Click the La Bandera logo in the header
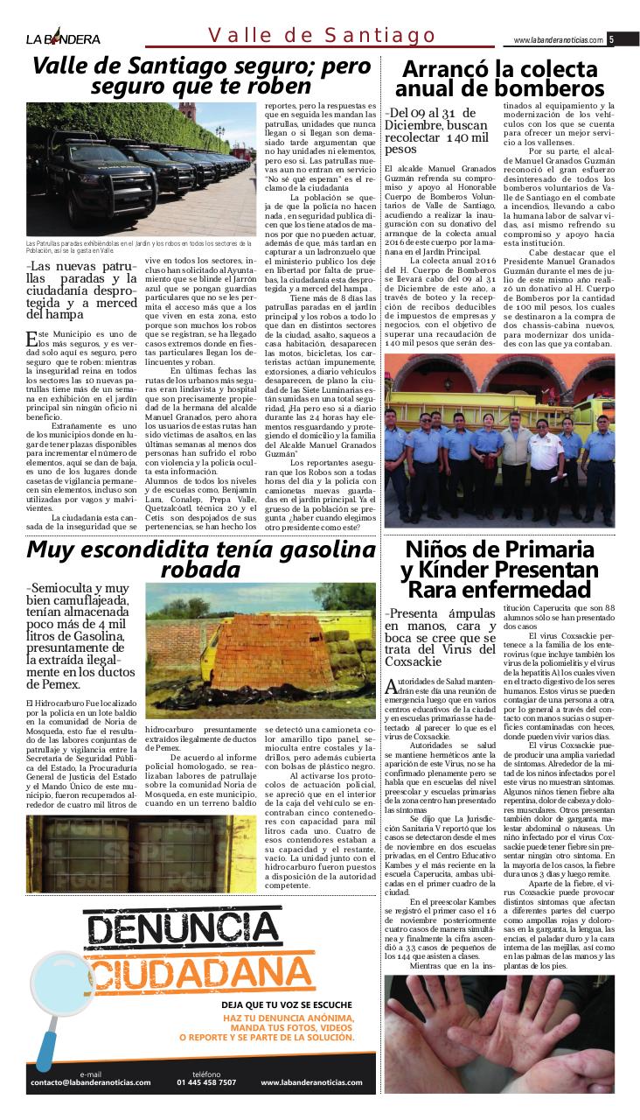coord(63,38)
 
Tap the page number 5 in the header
coord(613,39)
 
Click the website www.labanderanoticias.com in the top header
coord(558,40)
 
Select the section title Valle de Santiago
coord(322,36)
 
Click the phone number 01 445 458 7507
coord(206,1082)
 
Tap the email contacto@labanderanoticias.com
coord(91,1082)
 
